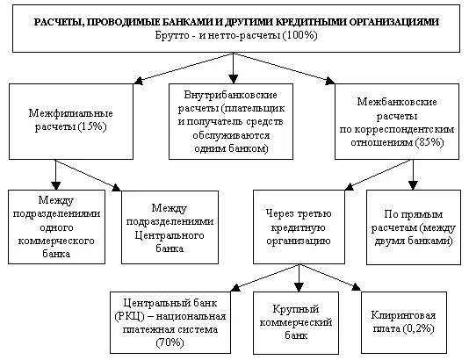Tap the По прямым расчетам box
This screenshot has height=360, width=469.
412,226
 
